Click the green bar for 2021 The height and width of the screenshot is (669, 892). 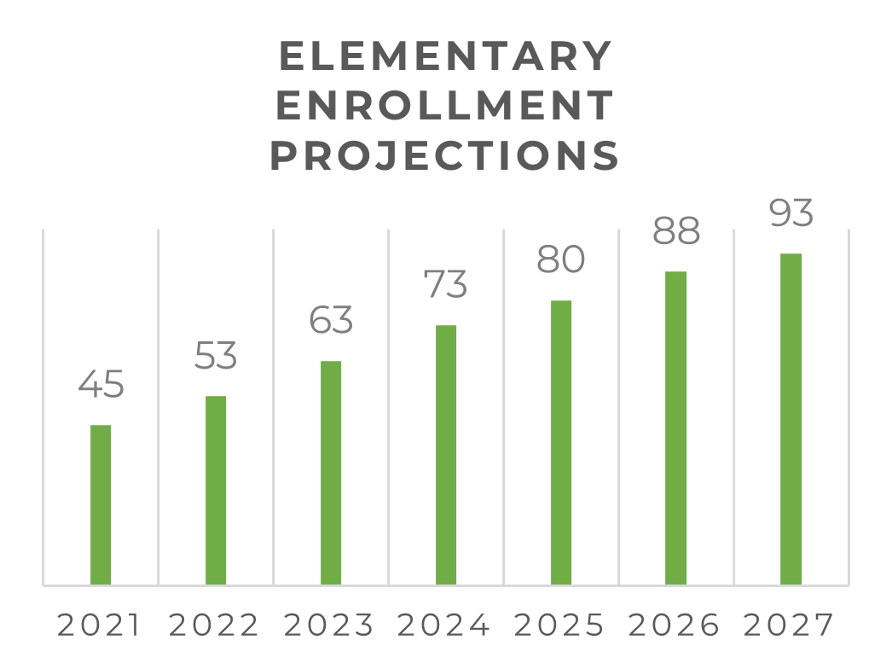coord(101,504)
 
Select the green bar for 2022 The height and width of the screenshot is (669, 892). coord(216,490)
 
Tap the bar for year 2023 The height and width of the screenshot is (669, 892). coord(331,473)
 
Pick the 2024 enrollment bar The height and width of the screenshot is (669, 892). coord(446,455)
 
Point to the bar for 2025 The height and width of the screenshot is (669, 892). coord(561,442)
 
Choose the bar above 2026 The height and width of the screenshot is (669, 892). coord(676,428)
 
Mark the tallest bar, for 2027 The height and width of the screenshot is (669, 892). coord(791,419)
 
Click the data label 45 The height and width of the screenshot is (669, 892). coord(101,385)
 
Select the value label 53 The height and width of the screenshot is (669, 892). coord(216,356)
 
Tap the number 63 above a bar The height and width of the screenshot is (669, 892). coord(331,320)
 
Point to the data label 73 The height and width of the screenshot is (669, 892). coord(446,284)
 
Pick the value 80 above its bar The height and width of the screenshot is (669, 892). coord(561,259)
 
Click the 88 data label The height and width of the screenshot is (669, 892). coord(676,230)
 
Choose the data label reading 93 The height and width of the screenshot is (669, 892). coord(791,213)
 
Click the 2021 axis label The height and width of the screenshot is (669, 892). coord(99,626)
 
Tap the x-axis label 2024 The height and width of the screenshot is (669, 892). coord(444,626)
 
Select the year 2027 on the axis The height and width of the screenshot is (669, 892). coord(789,626)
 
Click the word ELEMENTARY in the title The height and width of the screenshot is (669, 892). coord(445,57)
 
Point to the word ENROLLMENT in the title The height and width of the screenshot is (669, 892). coord(445,107)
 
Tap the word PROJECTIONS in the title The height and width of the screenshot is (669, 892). coord(445,156)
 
